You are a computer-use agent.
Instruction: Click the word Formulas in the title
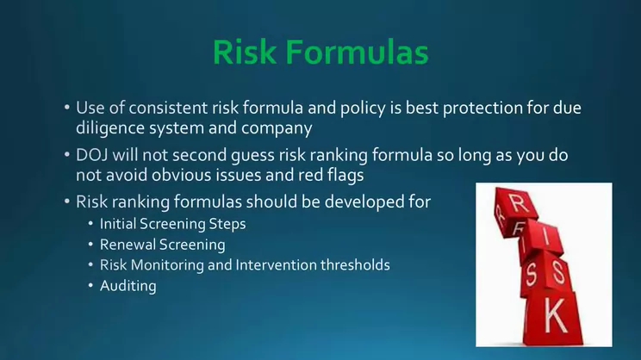tap(357, 52)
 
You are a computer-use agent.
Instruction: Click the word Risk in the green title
tap(245, 52)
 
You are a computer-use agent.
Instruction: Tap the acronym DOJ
tap(91, 155)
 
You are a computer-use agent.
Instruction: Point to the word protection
tap(482, 109)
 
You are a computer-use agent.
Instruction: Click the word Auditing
tap(128, 286)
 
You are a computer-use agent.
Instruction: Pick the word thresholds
tap(355, 264)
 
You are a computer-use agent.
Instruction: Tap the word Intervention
tap(276, 264)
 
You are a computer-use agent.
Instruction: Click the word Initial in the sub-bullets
tap(118, 224)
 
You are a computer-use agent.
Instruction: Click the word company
tap(277, 128)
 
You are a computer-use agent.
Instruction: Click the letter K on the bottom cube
tap(557, 314)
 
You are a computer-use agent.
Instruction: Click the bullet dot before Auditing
tap(90, 286)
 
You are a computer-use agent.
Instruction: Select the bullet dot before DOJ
tap(67, 155)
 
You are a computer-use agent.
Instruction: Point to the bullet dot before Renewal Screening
tap(90, 245)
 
